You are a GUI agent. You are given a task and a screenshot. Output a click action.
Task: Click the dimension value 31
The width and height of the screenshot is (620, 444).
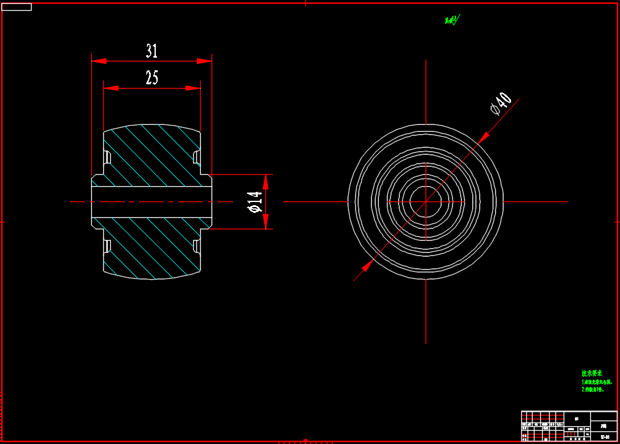click(x=151, y=51)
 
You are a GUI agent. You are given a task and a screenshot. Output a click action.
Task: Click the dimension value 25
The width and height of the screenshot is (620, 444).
click(x=152, y=78)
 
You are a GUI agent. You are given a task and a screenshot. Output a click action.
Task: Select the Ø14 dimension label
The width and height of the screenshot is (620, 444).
click(x=255, y=201)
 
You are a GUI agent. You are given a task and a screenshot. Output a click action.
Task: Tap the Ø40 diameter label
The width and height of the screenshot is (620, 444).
click(x=501, y=103)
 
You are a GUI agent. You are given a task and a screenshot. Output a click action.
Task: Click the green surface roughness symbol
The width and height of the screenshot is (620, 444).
click(x=452, y=20)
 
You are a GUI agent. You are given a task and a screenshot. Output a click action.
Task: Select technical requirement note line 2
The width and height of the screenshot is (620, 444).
click(x=593, y=390)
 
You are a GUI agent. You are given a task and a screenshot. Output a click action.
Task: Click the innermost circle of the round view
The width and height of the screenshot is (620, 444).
click(x=426, y=201)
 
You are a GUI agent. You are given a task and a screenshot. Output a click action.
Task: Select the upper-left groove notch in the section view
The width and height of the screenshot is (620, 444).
click(x=107, y=156)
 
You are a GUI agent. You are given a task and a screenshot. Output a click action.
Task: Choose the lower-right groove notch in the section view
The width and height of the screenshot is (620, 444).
click(x=196, y=245)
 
